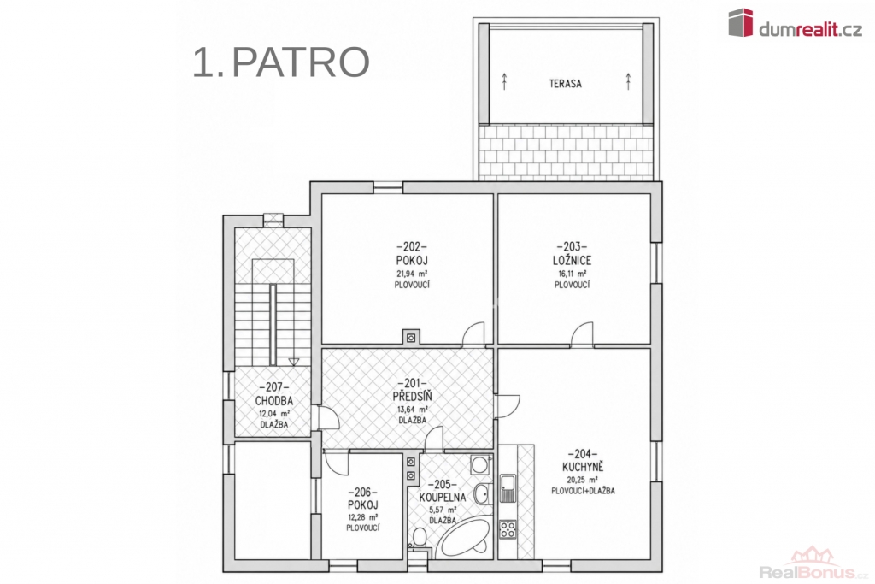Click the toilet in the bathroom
click(x=419, y=539)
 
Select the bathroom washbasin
click(x=484, y=493)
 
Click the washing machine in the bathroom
click(x=480, y=464)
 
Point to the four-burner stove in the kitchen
click(x=508, y=528)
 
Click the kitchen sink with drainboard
click(x=508, y=488)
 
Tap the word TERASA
click(x=566, y=84)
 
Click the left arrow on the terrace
click(x=504, y=81)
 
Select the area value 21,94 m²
click(x=412, y=274)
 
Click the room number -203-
click(x=572, y=247)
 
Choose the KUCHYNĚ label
click(x=583, y=468)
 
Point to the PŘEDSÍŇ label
click(x=413, y=397)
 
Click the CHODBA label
click(x=274, y=401)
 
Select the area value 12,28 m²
click(x=363, y=517)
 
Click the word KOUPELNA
click(x=443, y=498)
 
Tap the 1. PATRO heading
click(x=281, y=62)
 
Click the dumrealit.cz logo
click(x=796, y=23)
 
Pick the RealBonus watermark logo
click(x=814, y=563)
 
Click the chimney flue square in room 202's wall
click(x=411, y=337)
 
